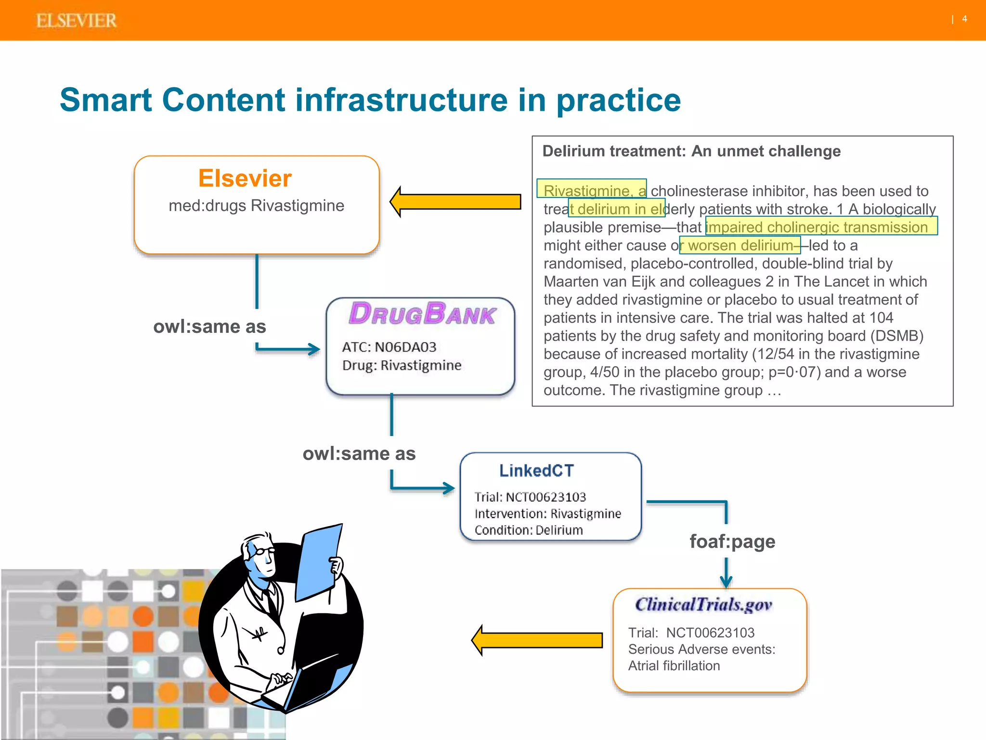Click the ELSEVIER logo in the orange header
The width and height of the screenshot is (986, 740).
pos(76,20)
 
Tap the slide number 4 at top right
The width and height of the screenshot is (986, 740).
pos(964,19)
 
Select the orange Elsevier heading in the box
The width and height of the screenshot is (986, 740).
pos(245,178)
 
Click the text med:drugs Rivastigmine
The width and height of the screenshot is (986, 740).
pos(256,206)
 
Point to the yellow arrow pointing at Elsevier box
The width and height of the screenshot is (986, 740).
pos(455,201)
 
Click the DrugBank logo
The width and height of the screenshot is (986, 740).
pos(422,314)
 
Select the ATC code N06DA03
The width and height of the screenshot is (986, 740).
pos(405,347)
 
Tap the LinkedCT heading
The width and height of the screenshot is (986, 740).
pos(536,471)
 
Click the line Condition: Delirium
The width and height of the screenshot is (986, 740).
pos(528,530)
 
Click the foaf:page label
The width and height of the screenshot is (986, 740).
pos(732,542)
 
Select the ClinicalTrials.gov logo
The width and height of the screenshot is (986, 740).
pos(703,604)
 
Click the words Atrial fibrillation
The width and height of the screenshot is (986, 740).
pos(674,666)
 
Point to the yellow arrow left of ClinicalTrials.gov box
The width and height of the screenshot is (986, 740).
pos(537,640)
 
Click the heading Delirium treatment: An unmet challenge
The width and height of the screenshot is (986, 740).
pos(691,151)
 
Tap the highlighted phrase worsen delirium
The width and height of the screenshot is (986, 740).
pos(740,245)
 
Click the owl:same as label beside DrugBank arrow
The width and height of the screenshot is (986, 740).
pos(209,327)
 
